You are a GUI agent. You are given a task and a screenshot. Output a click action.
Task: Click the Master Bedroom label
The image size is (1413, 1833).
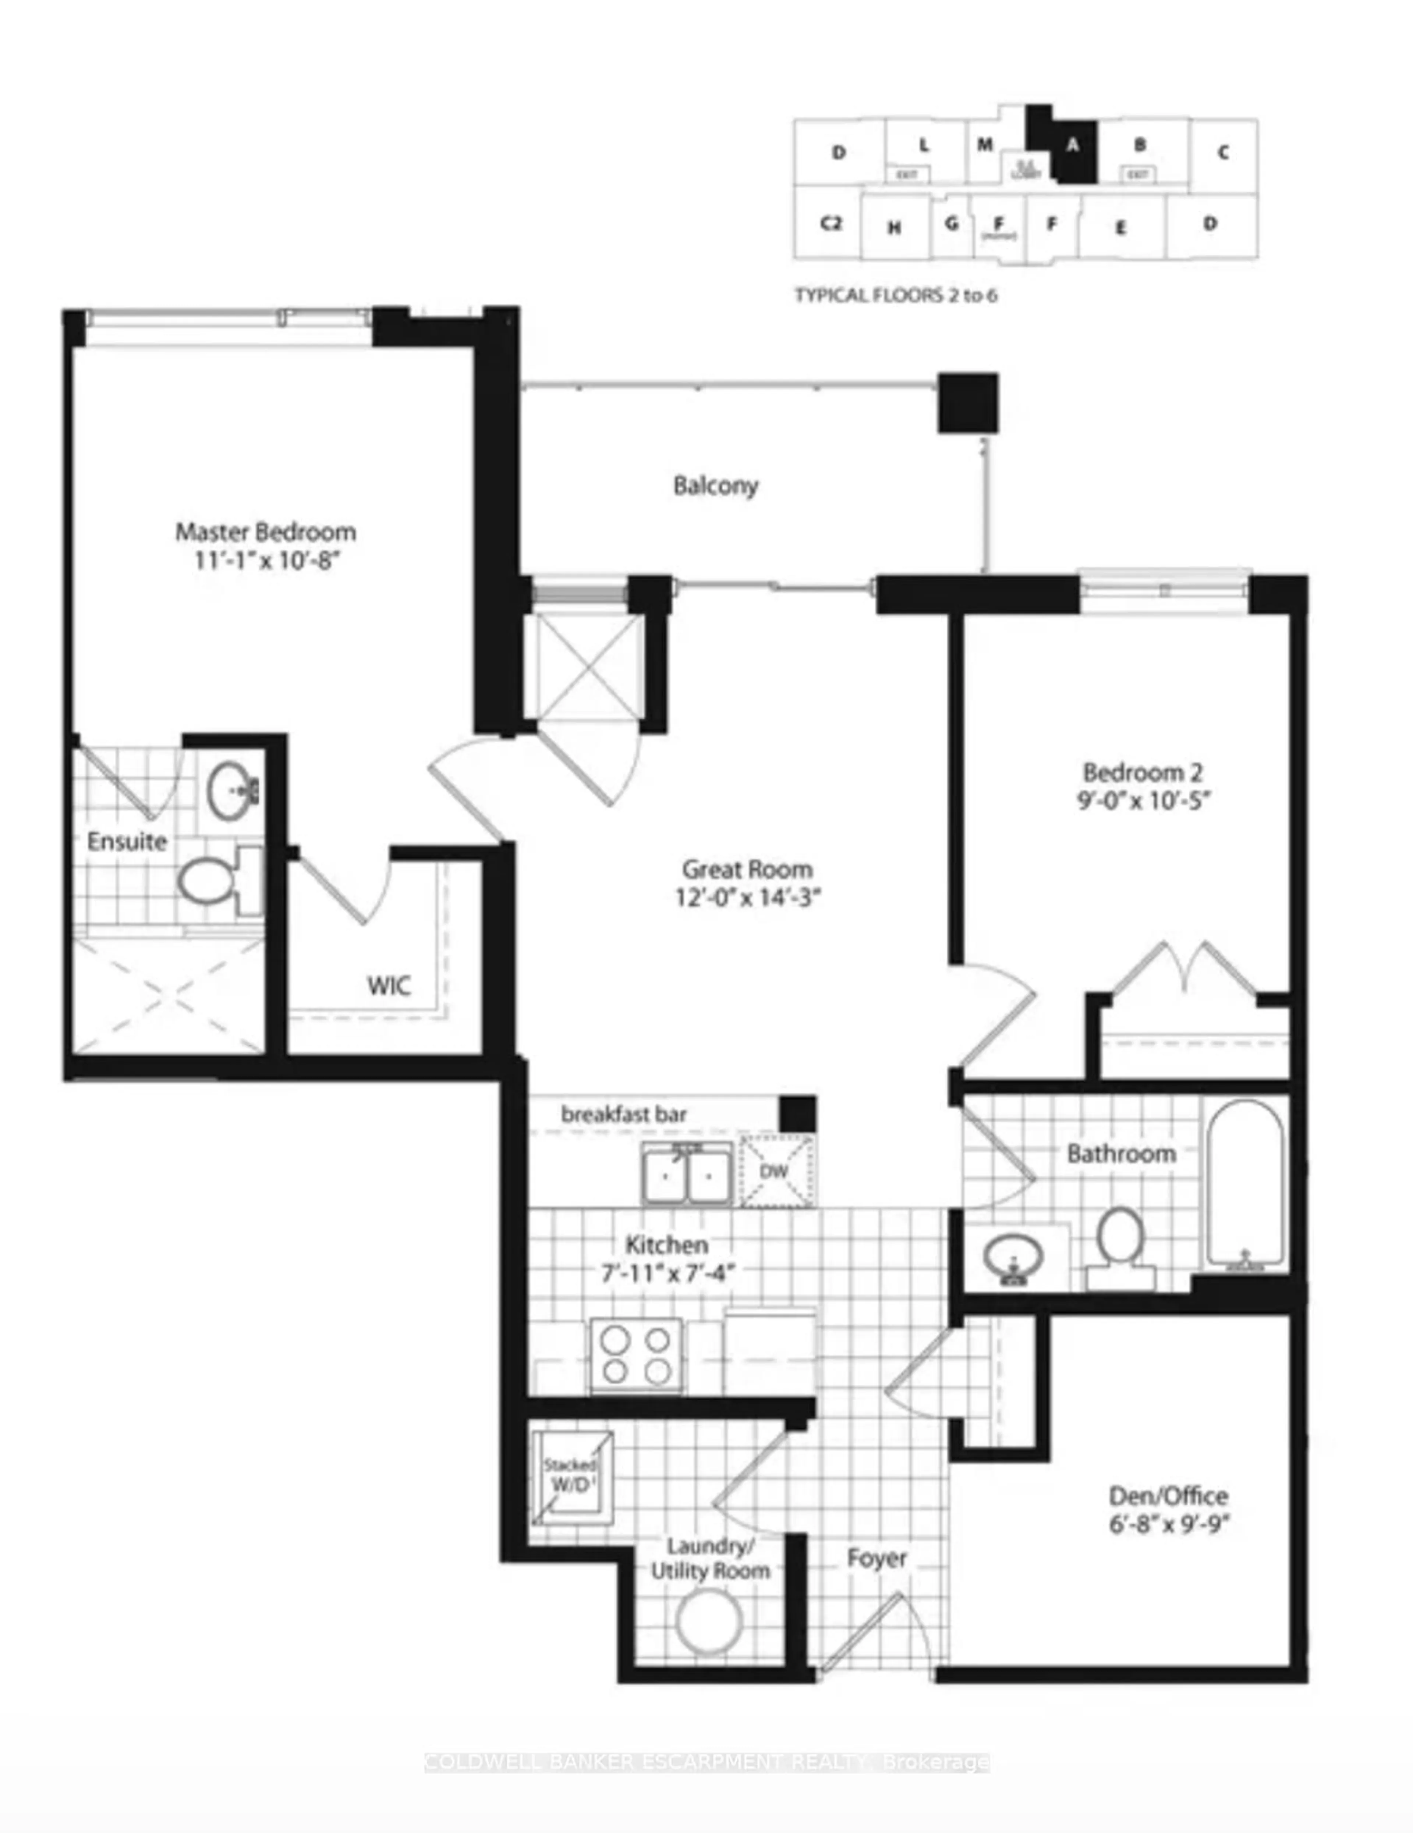(265, 531)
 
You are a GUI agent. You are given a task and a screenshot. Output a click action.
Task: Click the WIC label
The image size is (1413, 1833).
(389, 985)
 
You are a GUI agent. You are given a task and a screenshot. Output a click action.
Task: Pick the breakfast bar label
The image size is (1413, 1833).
(624, 1115)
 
